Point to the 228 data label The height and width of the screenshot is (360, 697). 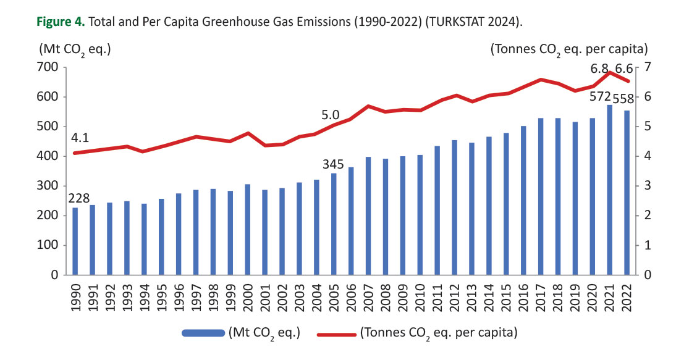pos(79,198)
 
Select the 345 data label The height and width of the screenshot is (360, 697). pos(334,164)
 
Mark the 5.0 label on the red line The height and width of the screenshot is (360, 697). pos(331,115)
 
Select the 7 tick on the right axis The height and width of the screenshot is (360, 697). pos(648,67)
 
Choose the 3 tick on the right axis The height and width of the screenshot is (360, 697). pos(648,186)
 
